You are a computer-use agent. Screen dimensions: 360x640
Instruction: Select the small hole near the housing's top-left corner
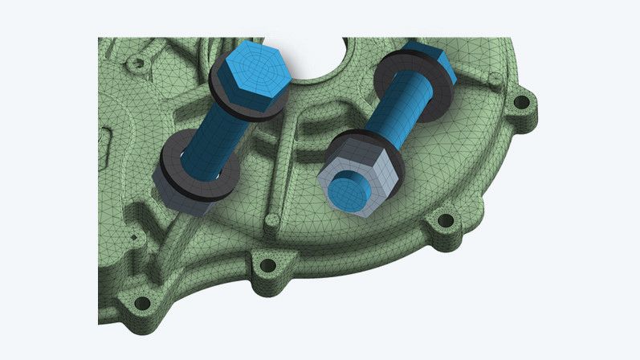coord(138,62)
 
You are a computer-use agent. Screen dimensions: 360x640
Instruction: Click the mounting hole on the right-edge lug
coord(522,103)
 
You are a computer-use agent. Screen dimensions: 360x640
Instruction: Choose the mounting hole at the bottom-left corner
coord(142,303)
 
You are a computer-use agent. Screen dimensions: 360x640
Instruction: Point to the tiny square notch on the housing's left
coord(132,237)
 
